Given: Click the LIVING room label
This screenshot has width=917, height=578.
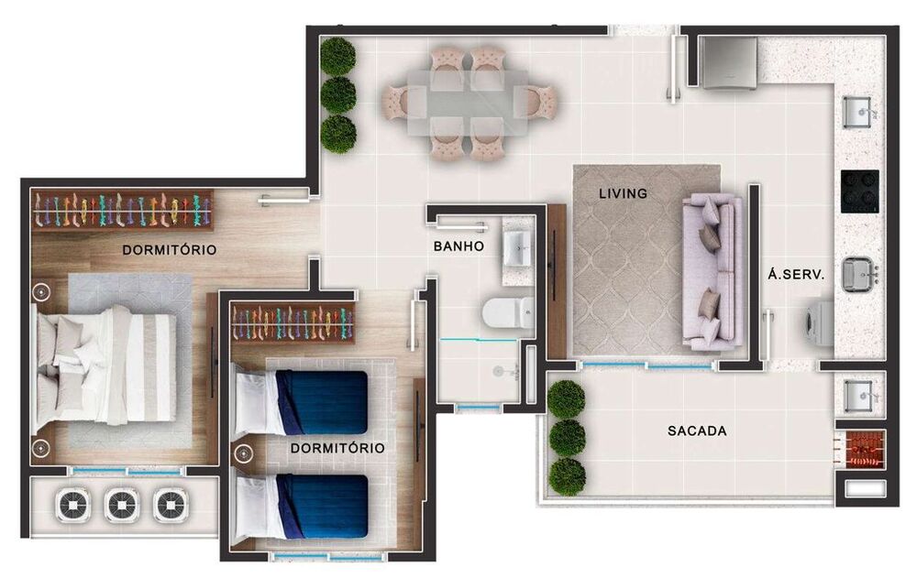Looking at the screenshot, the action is coord(623,193).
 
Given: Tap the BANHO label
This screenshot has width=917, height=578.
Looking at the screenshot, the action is coord(458,246).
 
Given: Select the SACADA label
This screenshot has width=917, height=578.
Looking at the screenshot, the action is coord(697,431).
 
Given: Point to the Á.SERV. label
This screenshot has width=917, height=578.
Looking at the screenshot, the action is coord(796,274).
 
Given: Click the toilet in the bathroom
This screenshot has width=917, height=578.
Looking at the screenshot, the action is coord(508,312).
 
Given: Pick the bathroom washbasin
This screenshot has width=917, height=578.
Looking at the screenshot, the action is coord(518,248).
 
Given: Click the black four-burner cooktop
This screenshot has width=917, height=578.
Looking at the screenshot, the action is coord(860,191).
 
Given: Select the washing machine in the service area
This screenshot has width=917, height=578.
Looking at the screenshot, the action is coord(820,323).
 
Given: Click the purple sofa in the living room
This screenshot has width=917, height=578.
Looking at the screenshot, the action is coord(713,272).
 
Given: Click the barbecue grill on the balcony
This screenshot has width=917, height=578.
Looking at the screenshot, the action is coord(860,449).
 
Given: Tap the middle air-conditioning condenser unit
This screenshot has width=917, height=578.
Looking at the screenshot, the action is coord(122,505).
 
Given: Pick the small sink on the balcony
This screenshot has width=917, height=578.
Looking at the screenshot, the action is coord(859,396).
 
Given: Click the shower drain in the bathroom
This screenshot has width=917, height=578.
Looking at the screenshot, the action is coord(498,371).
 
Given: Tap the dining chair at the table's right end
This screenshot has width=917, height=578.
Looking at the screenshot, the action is coord(538,102).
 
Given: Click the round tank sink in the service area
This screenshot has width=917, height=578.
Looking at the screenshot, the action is coord(858,274).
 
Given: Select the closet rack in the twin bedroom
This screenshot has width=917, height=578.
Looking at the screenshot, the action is coord(293,322).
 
